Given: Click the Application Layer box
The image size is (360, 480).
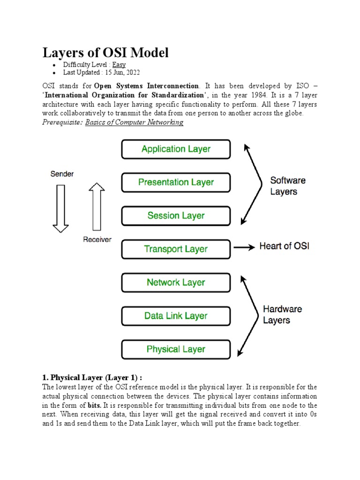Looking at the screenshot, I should tap(176, 149).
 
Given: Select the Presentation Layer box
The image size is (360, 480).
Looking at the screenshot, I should tap(176, 182).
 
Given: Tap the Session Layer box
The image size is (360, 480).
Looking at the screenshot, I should tap(176, 216).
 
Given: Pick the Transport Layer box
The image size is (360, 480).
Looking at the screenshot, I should tap(176, 249).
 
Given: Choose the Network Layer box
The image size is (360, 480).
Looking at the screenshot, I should tap(176, 282).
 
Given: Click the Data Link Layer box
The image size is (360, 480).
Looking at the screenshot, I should tap(176, 316).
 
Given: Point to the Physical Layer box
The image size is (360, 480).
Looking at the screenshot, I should tap(176, 349).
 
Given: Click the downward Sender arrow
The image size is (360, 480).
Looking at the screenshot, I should tap(60, 208).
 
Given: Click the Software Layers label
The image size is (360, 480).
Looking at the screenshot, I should tap(288, 186).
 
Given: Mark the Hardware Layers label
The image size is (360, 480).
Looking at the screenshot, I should tap(282, 315).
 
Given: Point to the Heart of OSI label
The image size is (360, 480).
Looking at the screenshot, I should tap(284, 246).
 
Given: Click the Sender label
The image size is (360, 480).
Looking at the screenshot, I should tap(62, 174).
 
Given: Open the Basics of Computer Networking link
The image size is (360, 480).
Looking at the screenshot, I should tap(134, 122).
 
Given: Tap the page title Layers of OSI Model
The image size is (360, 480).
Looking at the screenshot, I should tap(105, 52).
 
